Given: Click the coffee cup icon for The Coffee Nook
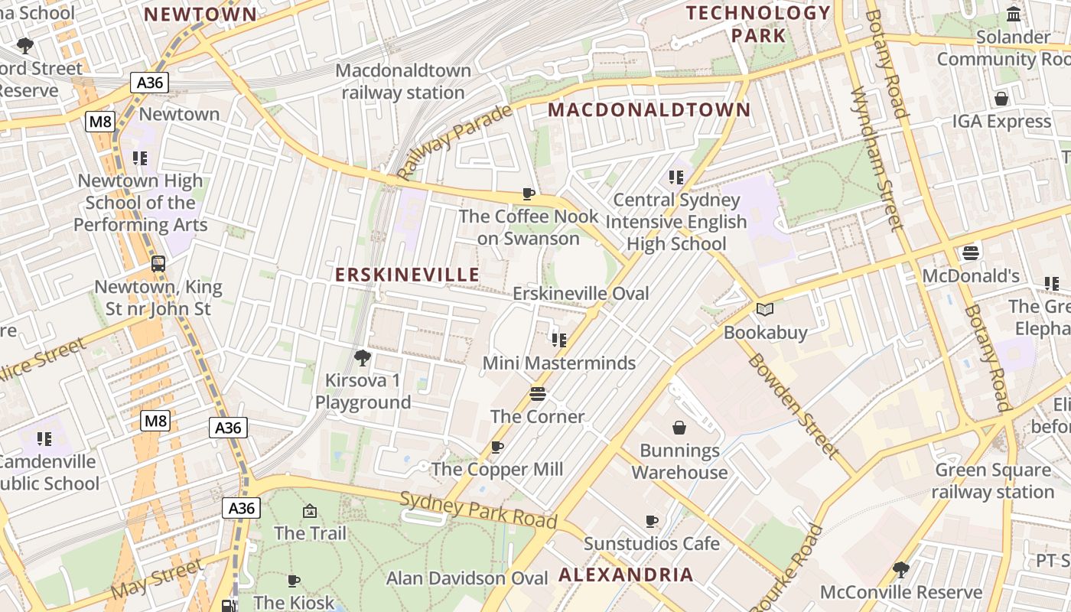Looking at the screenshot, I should tap(528, 194).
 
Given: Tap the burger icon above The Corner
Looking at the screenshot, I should tap(538, 394).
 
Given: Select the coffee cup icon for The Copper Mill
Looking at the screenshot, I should tap(497, 447).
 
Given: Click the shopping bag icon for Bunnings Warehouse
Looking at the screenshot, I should tap(679, 428).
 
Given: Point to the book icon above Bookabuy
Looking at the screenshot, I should tap(765, 310).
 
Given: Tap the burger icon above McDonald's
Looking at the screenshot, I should tap(971, 252).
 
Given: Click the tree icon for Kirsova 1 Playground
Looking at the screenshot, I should tap(363, 357).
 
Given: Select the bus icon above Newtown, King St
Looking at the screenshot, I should tap(158, 264).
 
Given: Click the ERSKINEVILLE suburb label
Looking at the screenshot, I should tap(408, 275).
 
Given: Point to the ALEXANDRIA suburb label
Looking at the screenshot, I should tap(627, 575).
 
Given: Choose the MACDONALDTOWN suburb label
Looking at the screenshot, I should tap(649, 110).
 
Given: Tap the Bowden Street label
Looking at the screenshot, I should tap(792, 405).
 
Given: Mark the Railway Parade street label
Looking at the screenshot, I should tap(454, 142).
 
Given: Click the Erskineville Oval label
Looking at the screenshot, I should tap(581, 294).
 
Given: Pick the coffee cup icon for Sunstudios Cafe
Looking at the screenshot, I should tap(652, 521).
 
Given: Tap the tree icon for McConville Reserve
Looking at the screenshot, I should tap(901, 569).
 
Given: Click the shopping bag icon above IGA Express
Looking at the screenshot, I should tap(1001, 99).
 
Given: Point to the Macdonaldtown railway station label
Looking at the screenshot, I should tap(403, 82).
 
